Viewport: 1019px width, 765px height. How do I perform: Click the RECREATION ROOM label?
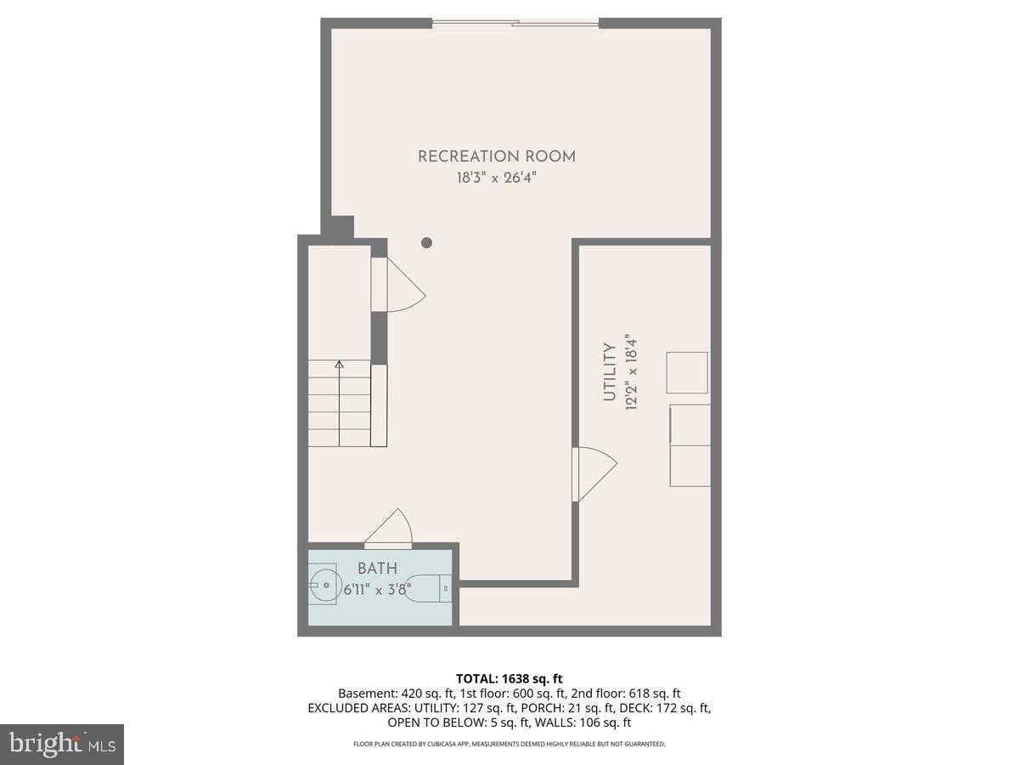click(497, 156)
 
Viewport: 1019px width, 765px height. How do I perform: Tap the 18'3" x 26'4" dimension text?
click(497, 178)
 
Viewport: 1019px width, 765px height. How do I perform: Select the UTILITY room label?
click(609, 371)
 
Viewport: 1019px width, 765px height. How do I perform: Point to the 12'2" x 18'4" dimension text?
click(631, 371)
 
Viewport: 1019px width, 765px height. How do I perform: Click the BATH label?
click(377, 569)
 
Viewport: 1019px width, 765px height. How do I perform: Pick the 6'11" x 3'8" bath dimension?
click(377, 588)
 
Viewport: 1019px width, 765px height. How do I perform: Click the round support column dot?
click(427, 243)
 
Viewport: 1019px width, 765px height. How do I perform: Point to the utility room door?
click(594, 473)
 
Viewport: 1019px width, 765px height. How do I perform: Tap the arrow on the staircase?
click(340, 366)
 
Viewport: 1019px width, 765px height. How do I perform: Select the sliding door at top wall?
click(515, 23)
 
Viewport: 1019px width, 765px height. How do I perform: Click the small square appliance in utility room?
click(687, 372)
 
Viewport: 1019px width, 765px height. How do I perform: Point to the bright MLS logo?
click(62, 745)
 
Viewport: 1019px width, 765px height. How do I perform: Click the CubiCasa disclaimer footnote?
click(509, 744)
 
